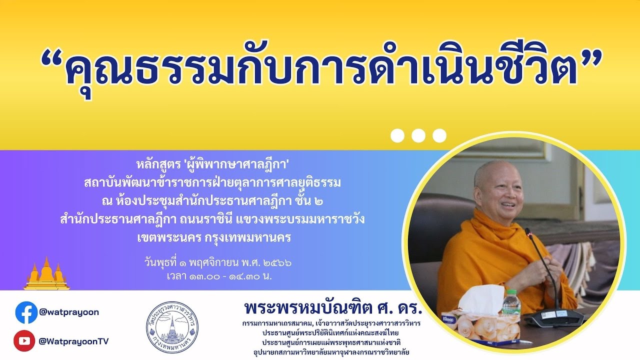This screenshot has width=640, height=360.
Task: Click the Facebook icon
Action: coord(26,312)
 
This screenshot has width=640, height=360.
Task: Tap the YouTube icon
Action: coord(24,341)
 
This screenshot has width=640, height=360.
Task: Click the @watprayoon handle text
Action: coord(69,312)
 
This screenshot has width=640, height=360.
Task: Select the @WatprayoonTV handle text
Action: coord(73,341)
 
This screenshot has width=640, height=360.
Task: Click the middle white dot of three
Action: coord(418,135)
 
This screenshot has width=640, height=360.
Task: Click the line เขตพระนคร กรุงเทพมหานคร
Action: coord(213,237)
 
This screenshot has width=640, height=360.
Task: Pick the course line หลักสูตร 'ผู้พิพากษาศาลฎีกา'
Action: coord(213,163)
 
